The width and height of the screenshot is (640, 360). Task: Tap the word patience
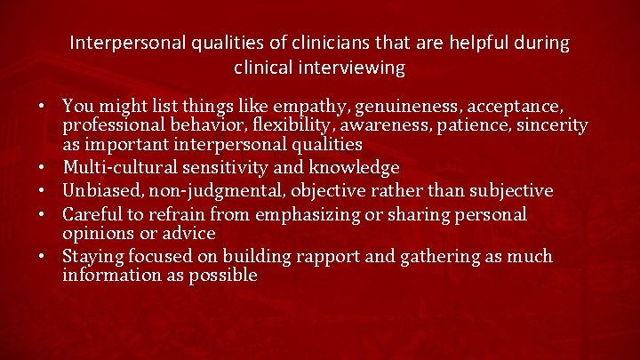[474, 126]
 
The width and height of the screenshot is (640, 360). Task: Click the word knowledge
[356, 167]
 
